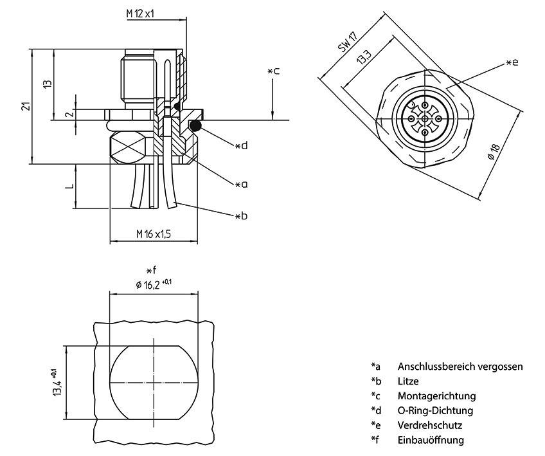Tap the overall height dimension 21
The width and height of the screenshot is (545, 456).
[25, 106]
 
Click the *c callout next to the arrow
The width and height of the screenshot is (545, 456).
[273, 71]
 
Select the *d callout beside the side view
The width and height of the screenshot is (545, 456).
[240, 146]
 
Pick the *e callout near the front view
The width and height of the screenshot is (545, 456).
[512, 62]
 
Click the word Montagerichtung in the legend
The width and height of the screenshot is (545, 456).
[436, 396]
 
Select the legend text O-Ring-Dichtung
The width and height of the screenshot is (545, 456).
[435, 410]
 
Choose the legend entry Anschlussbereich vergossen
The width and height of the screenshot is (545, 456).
[460, 367]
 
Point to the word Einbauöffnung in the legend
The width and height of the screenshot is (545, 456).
[431, 440]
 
